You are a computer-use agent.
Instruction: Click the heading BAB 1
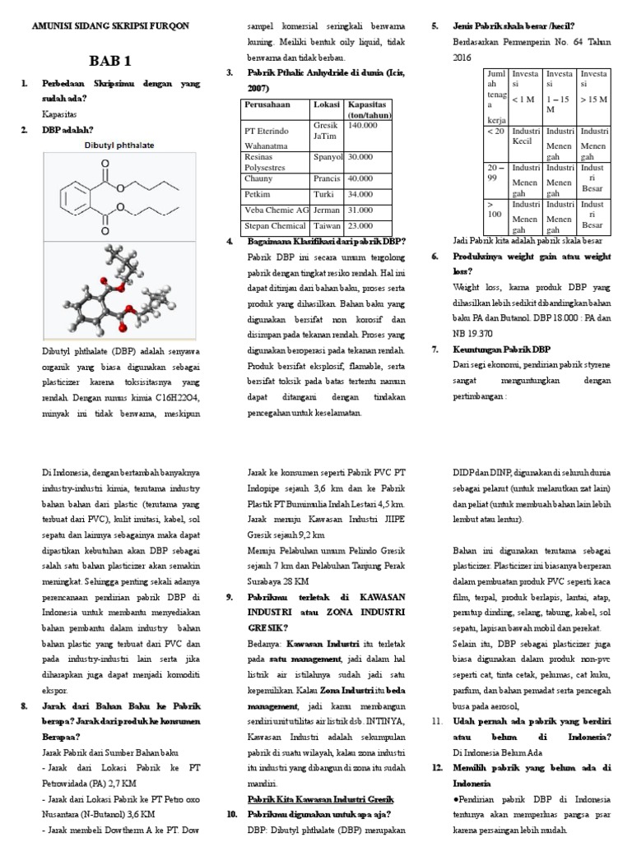click(111, 62)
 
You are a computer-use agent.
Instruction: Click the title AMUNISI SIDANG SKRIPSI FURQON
click(111, 25)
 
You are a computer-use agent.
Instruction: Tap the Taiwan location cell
click(327, 225)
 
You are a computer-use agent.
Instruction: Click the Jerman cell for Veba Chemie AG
click(327, 210)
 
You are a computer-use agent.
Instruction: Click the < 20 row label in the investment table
click(495, 131)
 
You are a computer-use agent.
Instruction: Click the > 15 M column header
click(594, 99)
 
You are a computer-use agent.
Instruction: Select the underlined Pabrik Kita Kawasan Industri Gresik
click(321, 799)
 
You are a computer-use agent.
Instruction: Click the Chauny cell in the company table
click(258, 178)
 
